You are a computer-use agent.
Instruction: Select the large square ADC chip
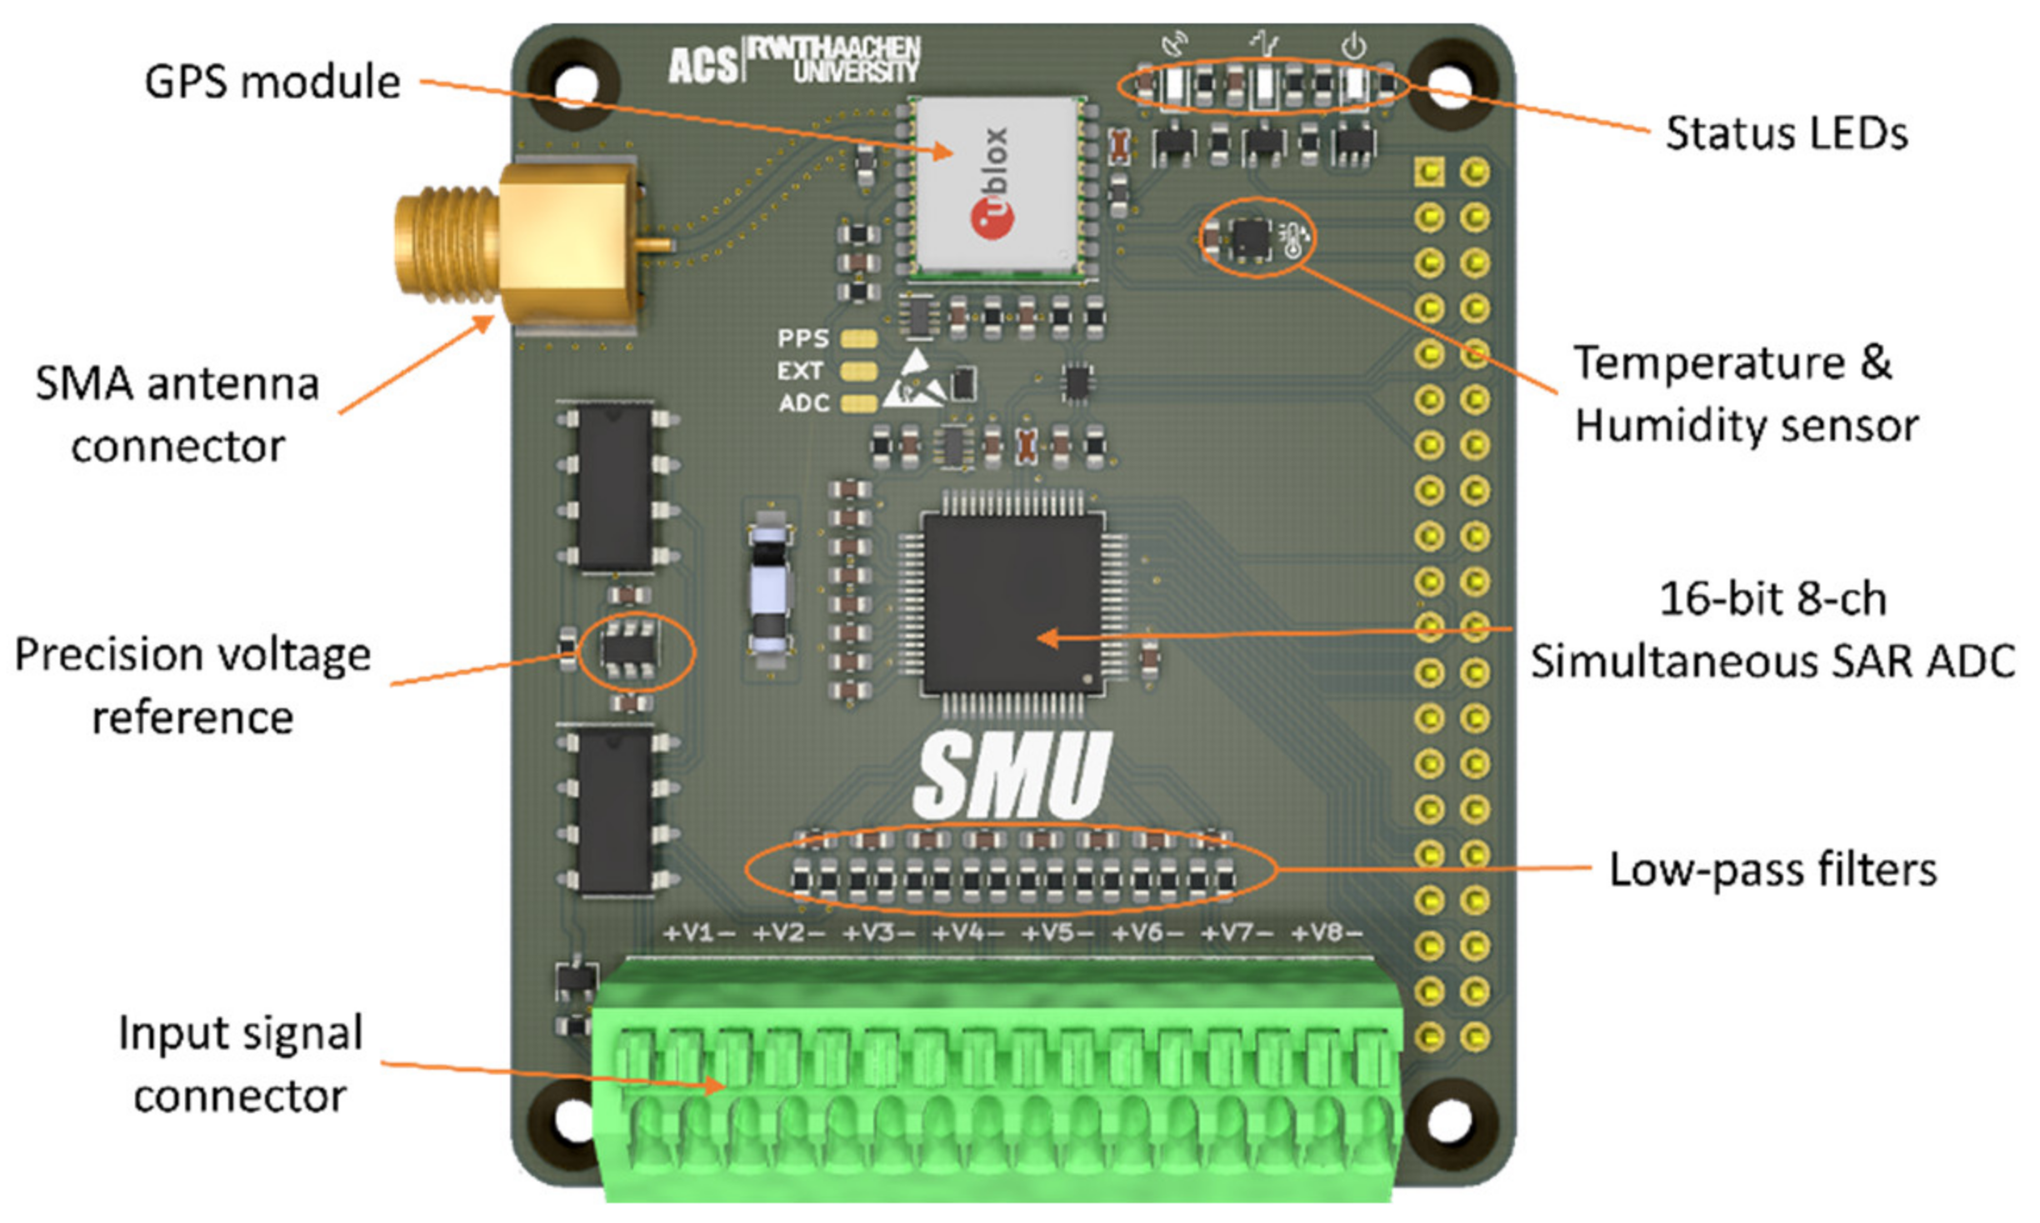pyautogui.click(x=1012, y=602)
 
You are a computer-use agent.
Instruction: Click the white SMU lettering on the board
pyautogui.click(x=1012, y=775)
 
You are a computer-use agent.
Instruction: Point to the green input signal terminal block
pyautogui.click(x=996, y=1083)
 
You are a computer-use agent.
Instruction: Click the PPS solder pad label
pyautogui.click(x=802, y=338)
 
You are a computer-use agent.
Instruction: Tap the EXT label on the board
pyautogui.click(x=800, y=371)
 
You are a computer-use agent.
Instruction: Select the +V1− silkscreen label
pyautogui.click(x=698, y=933)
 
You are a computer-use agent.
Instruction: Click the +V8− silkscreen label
pyautogui.click(x=1327, y=933)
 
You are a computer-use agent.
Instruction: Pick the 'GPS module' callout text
pyautogui.click(x=272, y=82)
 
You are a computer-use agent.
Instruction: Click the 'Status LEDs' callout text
pyautogui.click(x=1786, y=133)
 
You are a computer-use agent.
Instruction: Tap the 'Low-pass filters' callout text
pyautogui.click(x=1772, y=870)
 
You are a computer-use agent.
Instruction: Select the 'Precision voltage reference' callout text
pyautogui.click(x=192, y=686)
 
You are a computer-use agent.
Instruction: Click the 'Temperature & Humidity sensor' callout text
pyautogui.click(x=1746, y=394)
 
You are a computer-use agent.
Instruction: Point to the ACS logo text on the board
pyautogui.click(x=702, y=65)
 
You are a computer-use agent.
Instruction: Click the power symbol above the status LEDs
pyautogui.click(x=1353, y=46)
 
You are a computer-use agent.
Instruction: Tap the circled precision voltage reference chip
pyautogui.click(x=630, y=650)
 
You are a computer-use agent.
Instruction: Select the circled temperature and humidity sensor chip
pyautogui.click(x=1251, y=238)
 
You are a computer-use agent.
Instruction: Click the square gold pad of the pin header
pyautogui.click(x=1429, y=172)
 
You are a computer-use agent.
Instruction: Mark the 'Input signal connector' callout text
pyautogui.click(x=240, y=1065)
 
